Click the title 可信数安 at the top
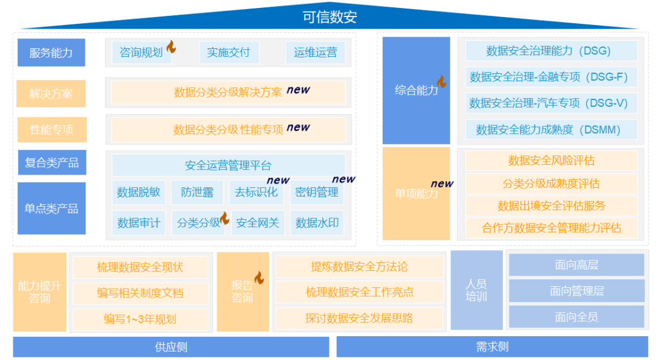[x=329, y=16]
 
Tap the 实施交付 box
[x=228, y=52]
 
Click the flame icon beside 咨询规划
[x=171, y=46]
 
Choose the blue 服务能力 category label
[x=51, y=52]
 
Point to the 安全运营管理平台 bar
[x=228, y=165]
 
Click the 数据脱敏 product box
[x=139, y=192]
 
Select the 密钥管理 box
[x=316, y=192]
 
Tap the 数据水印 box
[x=317, y=223]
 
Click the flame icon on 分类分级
[x=225, y=218]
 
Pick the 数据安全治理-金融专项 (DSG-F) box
[x=551, y=77]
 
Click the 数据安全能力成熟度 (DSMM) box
[x=551, y=129]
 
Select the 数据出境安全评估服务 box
[x=551, y=206]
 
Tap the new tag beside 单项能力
[x=442, y=184]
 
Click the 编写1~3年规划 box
[x=140, y=319]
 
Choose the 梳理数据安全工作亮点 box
[x=359, y=292]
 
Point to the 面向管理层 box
[x=576, y=291]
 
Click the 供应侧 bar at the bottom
[x=171, y=347]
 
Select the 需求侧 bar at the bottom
[x=492, y=347]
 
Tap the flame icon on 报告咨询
[x=259, y=278]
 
